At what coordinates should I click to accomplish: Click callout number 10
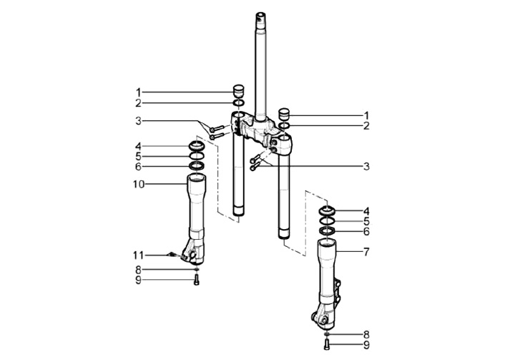coord(139,185)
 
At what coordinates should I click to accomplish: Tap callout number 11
coord(138,255)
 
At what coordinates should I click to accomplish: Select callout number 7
coord(366,252)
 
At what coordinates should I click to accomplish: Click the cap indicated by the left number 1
coord(239,91)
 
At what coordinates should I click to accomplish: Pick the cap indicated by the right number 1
coord(284,114)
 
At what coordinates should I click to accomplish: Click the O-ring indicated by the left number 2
coord(239,103)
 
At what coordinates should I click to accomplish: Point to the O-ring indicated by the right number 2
coord(285,126)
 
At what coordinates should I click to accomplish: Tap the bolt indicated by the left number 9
coord(197,281)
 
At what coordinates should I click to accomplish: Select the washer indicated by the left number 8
coord(197,270)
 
